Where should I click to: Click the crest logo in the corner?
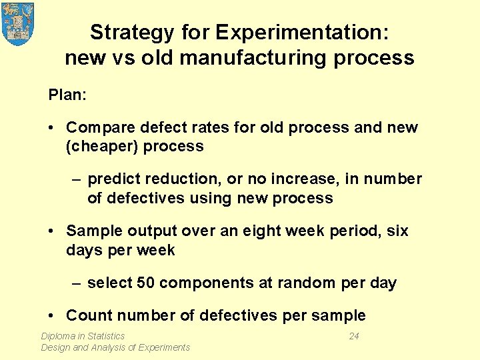[x=18, y=23]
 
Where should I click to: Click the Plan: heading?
[x=67, y=95]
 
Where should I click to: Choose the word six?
[x=397, y=231]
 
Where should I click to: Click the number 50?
[x=146, y=283]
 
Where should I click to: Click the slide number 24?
[x=354, y=336]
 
